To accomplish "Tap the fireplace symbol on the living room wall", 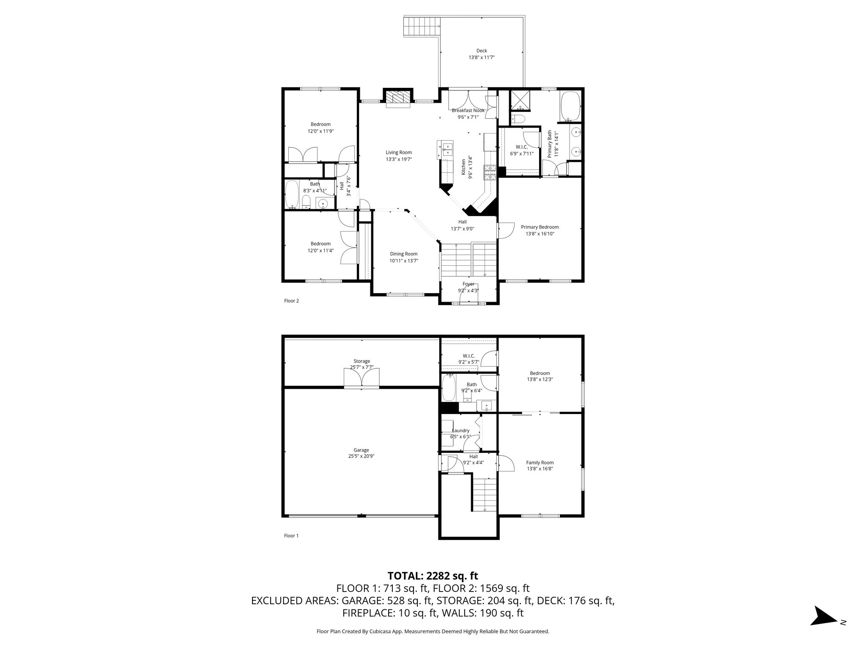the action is tap(398, 98).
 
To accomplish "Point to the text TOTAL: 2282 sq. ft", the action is tap(433, 575).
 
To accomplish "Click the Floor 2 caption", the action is tap(291, 301).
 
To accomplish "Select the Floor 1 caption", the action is tap(291, 536).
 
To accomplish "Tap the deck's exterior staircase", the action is tap(422, 27).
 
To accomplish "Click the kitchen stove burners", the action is tap(490, 172).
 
